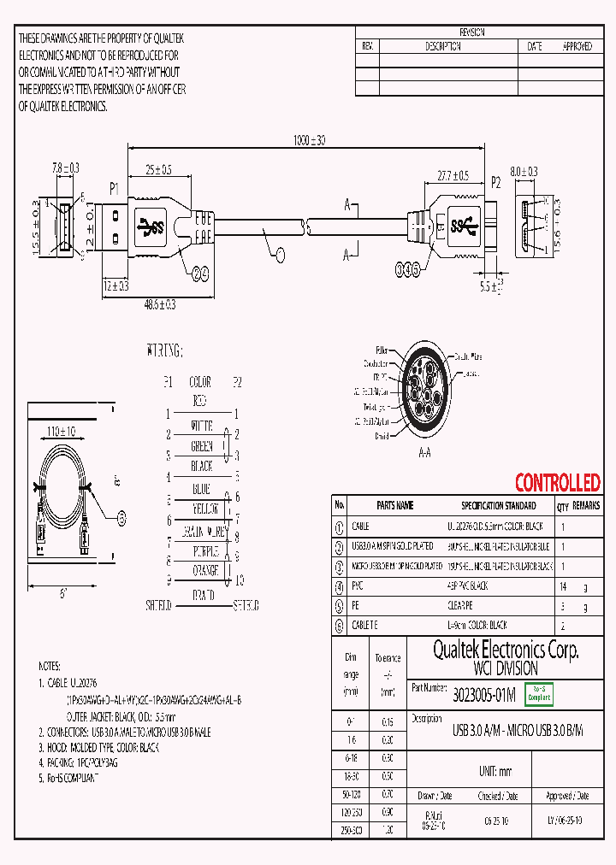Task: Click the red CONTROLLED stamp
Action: pyautogui.click(x=557, y=483)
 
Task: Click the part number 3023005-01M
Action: pyautogui.click(x=484, y=697)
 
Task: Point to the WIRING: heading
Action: pyautogui.click(x=164, y=350)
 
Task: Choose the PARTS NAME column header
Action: pyautogui.click(x=394, y=505)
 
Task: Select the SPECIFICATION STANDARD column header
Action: pyautogui.click(x=498, y=505)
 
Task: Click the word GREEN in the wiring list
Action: pyautogui.click(x=201, y=446)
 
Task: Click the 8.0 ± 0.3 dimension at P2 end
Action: pyautogui.click(x=524, y=172)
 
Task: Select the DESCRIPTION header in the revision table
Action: pyautogui.click(x=443, y=46)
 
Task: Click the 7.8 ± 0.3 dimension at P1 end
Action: pyautogui.click(x=65, y=169)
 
